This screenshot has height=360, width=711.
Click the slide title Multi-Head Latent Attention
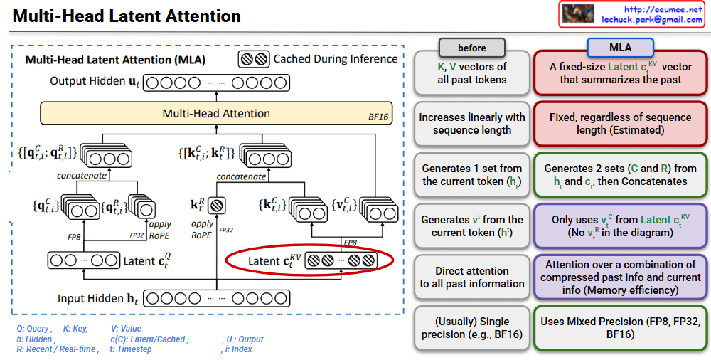click(x=127, y=16)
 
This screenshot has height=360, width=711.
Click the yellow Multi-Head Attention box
click(x=216, y=113)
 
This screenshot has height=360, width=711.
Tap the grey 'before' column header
click(x=472, y=48)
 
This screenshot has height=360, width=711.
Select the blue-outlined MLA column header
click(x=620, y=48)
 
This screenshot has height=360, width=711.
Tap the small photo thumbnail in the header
click(x=578, y=14)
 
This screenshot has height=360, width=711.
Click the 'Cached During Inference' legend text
click(x=335, y=59)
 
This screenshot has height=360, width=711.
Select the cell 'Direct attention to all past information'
click(x=472, y=277)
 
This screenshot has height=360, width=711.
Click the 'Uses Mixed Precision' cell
click(x=620, y=327)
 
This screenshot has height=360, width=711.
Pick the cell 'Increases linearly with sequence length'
click(x=472, y=124)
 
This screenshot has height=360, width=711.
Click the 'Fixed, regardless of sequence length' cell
click(x=620, y=124)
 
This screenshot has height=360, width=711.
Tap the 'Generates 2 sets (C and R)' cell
click(x=620, y=175)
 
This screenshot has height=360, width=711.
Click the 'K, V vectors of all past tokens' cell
click(x=472, y=73)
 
